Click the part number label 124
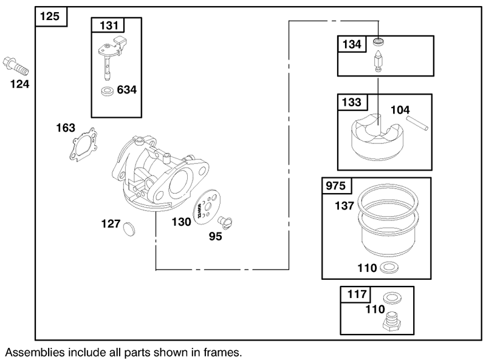pyautogui.click(x=20, y=84)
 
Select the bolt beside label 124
pyautogui.click(x=16, y=66)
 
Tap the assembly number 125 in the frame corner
pyautogui.click(x=50, y=16)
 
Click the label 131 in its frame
pyautogui.click(x=109, y=25)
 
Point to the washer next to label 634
pyautogui.click(x=108, y=92)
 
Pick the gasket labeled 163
pyautogui.click(x=83, y=144)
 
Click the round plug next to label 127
pyautogui.click(x=129, y=229)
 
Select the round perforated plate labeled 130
pyautogui.click(x=207, y=207)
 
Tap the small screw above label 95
pyautogui.click(x=225, y=222)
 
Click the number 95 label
pyautogui.click(x=216, y=236)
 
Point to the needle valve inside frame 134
pyautogui.click(x=378, y=61)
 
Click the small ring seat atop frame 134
pyautogui.click(x=378, y=41)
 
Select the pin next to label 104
pyautogui.click(x=417, y=123)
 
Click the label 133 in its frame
pyautogui.click(x=352, y=102)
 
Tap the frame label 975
pyautogui.click(x=336, y=186)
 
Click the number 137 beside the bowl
pyautogui.click(x=344, y=206)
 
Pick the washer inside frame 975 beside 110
pyautogui.click(x=389, y=267)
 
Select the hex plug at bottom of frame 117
pyautogui.click(x=391, y=322)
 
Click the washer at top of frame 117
pyautogui.click(x=392, y=297)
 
